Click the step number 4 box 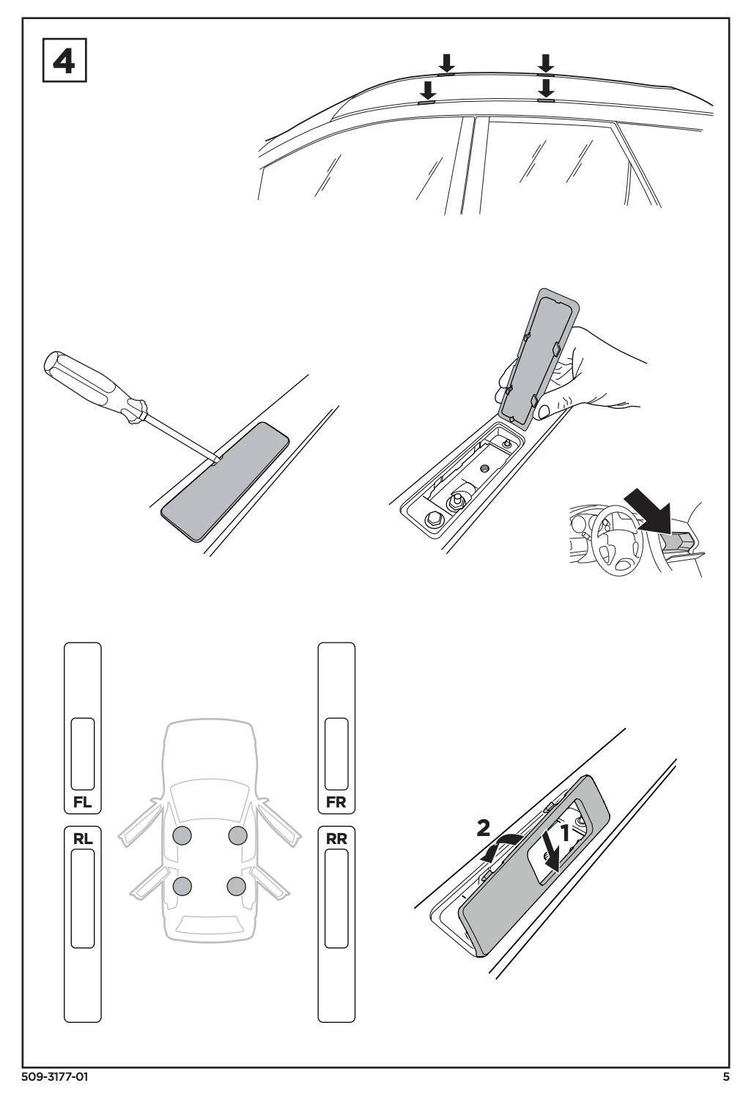tap(64, 60)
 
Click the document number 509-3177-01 tap(55, 1090)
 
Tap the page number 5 tap(725, 1090)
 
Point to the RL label tap(83, 838)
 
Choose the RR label tap(336, 838)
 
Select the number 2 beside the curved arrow tap(483, 829)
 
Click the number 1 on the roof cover tap(565, 833)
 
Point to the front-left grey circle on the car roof tap(182, 835)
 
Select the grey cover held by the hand tap(539, 356)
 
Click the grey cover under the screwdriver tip tap(225, 481)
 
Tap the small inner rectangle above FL tap(83, 754)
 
